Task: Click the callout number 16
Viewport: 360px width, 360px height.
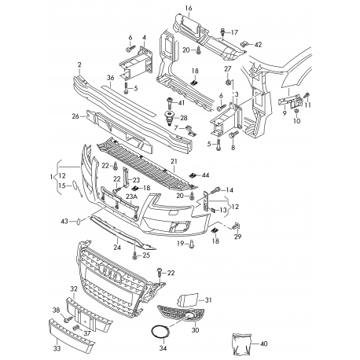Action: pos(189,8)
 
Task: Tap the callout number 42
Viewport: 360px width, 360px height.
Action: pos(258,45)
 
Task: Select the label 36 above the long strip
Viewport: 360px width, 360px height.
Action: pos(111,78)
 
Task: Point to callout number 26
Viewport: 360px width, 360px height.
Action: pos(75,116)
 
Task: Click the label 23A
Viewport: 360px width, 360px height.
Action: pos(131,197)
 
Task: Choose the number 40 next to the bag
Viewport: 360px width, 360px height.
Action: pos(264,343)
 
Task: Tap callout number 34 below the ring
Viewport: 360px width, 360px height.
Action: pos(163,348)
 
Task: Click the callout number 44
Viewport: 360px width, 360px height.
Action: pos(205,174)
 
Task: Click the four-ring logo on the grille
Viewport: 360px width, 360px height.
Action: pos(110,270)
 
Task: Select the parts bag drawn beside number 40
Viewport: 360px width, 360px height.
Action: pos(241,344)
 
